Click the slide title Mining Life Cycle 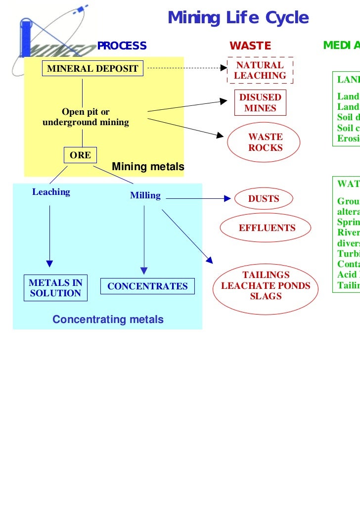click(238, 18)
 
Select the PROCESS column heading click(122, 46)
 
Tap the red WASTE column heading click(250, 46)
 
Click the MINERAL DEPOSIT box click(92, 69)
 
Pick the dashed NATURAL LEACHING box click(260, 71)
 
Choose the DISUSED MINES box click(260, 103)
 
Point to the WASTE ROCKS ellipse click(265, 142)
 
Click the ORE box click(80, 155)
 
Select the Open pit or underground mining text click(86, 117)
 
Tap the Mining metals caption click(148, 167)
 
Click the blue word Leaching click(51, 192)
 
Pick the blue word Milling click(145, 195)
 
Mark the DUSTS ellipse click(264, 199)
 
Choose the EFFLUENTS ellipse click(267, 228)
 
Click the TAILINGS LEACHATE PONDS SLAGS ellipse click(266, 286)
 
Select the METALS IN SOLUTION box click(55, 288)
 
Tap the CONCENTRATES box click(147, 286)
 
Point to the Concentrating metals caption click(108, 320)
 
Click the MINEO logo click(49, 37)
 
